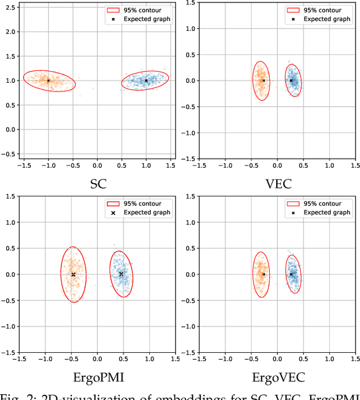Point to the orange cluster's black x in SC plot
click(48, 80)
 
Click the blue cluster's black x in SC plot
click(146, 80)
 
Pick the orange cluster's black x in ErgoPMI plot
click(73, 274)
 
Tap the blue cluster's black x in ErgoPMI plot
click(121, 274)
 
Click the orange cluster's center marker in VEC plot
click(263, 80)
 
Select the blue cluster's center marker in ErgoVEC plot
click(291, 274)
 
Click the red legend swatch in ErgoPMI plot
click(113, 204)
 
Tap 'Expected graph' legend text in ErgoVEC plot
click(327, 213)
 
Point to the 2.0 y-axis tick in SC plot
click(10, 31)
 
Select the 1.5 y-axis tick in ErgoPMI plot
click(10, 196)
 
